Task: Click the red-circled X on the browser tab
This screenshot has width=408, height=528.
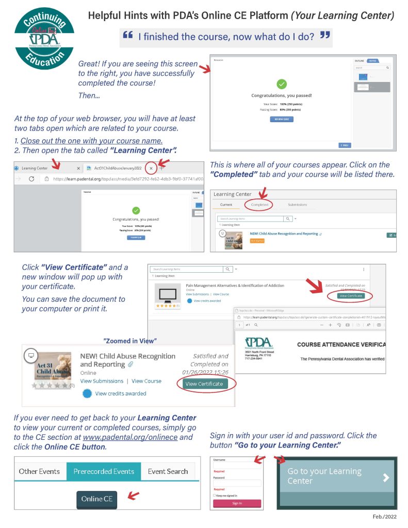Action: [x=151, y=168]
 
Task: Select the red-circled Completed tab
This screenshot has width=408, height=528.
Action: [x=259, y=205]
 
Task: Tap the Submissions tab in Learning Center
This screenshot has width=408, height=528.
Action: [x=297, y=205]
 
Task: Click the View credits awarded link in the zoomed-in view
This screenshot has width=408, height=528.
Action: [x=120, y=393]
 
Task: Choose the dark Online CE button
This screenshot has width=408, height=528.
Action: [x=97, y=499]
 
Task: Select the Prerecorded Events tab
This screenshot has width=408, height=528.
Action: [x=104, y=471]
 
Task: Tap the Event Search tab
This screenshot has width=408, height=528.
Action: [x=168, y=471]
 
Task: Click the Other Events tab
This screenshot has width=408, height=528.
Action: [x=39, y=471]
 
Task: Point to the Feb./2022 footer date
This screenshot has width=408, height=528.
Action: [x=385, y=516]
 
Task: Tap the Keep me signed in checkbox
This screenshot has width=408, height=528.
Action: [x=215, y=495]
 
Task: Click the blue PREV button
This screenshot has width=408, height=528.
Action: [x=344, y=145]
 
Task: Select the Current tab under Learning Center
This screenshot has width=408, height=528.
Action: [x=226, y=205]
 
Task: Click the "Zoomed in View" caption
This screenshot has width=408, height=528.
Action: [x=130, y=340]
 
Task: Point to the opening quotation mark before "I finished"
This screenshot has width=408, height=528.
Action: [x=127, y=36]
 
